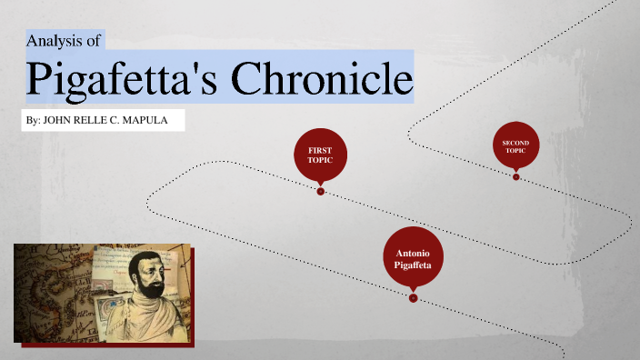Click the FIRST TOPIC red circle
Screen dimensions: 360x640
click(320, 155)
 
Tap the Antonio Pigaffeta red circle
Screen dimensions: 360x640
click(413, 257)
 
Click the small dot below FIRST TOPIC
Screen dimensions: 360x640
click(320, 192)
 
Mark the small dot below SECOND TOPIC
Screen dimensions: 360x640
click(515, 177)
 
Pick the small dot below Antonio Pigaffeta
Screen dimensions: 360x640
click(413, 298)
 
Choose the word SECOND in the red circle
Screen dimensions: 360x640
click(515, 142)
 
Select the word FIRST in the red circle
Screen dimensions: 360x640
click(320, 149)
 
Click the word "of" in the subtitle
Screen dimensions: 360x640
click(93, 41)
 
